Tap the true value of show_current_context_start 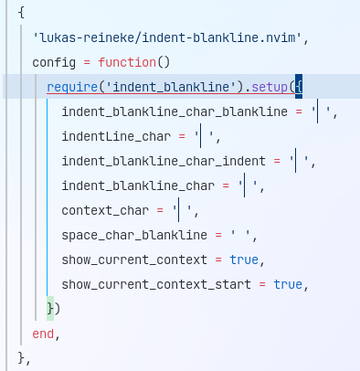point(288,285)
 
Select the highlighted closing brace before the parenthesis point(50,310)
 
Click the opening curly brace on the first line point(21,14)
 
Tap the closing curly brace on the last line point(21,358)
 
